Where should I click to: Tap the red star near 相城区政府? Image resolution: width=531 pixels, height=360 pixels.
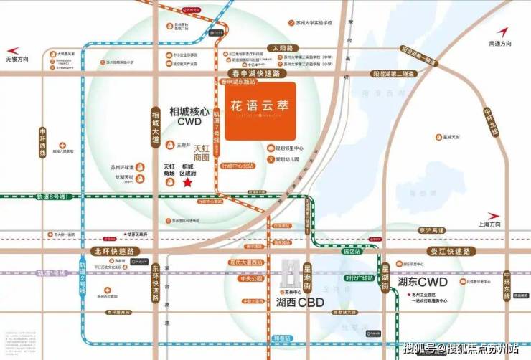click(188, 184)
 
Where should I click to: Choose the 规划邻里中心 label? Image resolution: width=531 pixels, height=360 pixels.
click(294, 148)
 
